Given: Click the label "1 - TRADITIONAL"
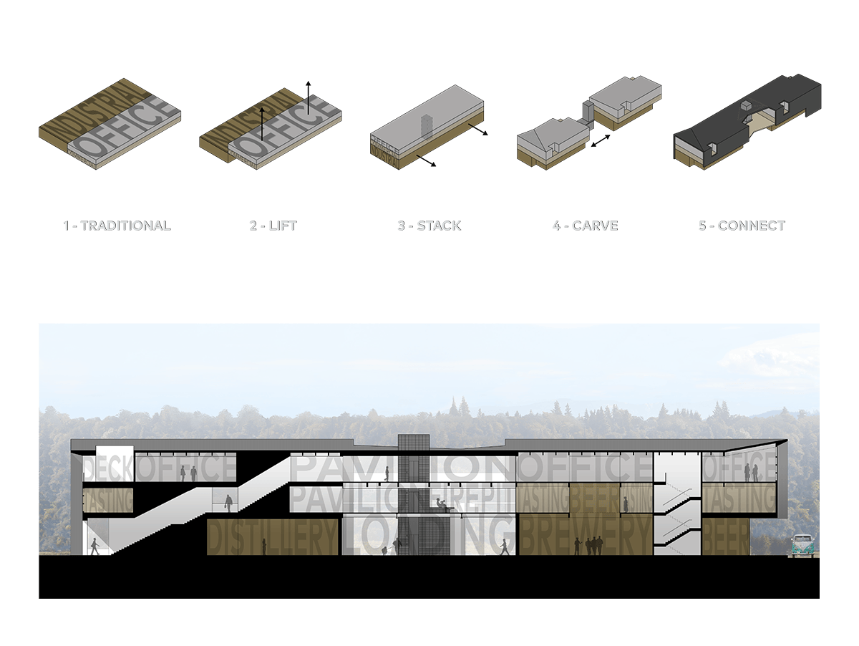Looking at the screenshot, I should coord(116,226).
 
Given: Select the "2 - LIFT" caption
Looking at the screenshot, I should coord(272,226).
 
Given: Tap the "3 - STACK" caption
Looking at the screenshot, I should coord(429,226).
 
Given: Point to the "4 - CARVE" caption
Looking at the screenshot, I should coord(584,226).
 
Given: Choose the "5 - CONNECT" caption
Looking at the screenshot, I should coord(741,226).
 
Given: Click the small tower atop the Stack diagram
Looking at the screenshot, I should coord(427,124).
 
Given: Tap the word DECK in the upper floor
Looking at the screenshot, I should coord(108,468).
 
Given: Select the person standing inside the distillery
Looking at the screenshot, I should coord(263,547).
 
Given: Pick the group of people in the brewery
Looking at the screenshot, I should coord(593,546).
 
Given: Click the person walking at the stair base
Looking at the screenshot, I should coord(94,546).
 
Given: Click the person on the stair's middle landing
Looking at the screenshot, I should coord(228,503).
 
